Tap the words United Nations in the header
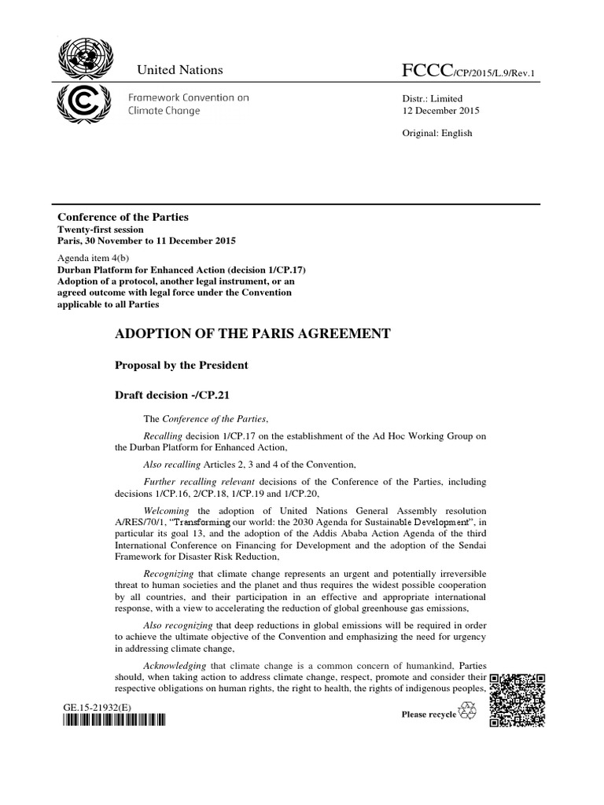tap(180, 70)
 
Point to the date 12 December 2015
tap(440, 110)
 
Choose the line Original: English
tap(437, 133)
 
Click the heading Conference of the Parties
tap(123, 216)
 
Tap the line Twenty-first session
tap(98, 229)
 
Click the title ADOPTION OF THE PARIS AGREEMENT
tap(252, 333)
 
